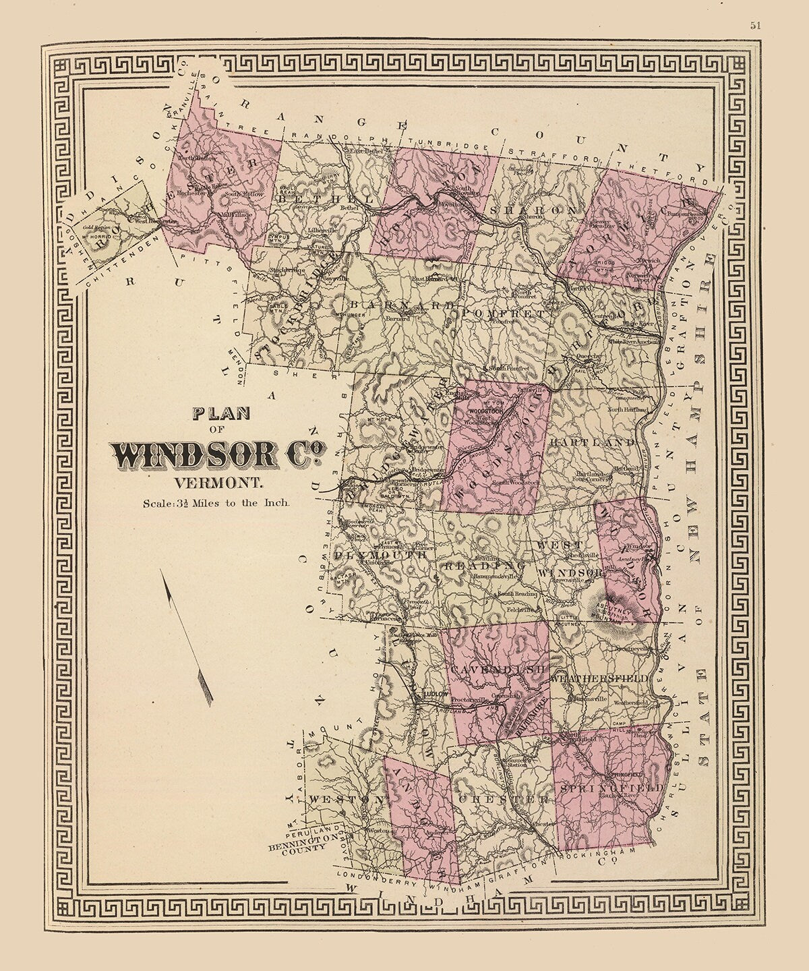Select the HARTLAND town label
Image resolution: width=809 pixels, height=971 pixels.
click(593, 442)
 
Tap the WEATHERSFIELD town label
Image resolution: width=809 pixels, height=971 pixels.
click(599, 678)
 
